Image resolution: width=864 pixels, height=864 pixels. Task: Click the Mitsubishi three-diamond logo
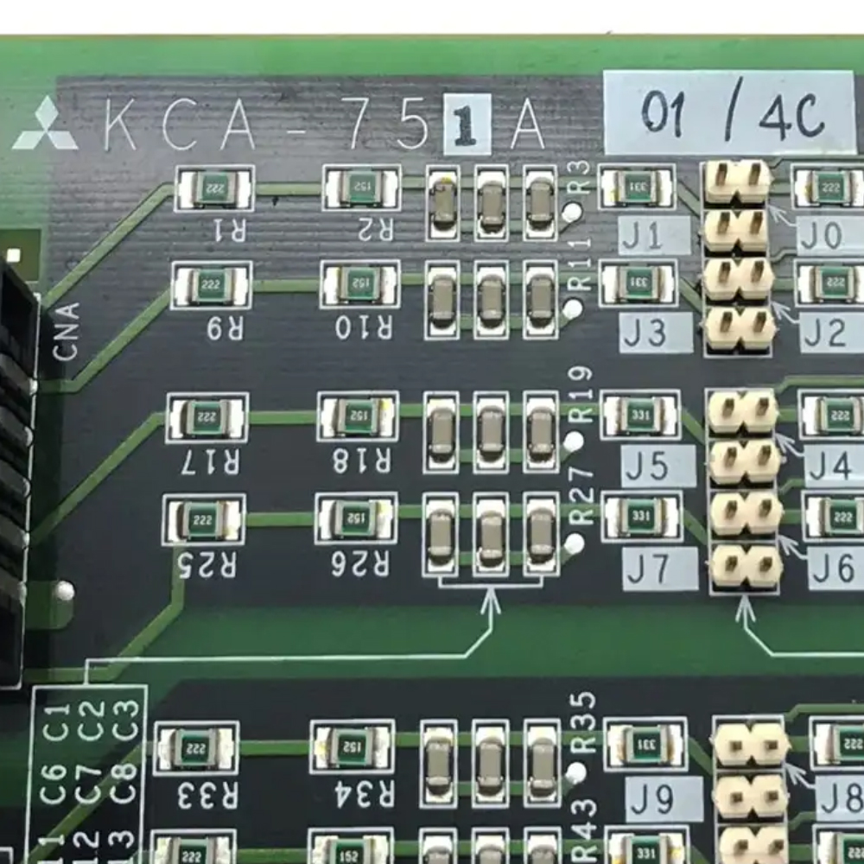(x=45, y=126)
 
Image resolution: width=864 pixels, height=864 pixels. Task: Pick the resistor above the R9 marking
(x=212, y=285)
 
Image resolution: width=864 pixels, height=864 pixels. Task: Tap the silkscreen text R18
(x=361, y=461)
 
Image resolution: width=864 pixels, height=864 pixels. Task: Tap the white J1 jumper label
(x=654, y=236)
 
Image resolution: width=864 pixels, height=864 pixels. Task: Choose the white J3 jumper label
(x=656, y=333)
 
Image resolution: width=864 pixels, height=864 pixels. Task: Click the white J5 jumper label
(x=658, y=467)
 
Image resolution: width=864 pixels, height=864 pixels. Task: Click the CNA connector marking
(x=67, y=331)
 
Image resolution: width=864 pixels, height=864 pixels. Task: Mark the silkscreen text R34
(x=352, y=793)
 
